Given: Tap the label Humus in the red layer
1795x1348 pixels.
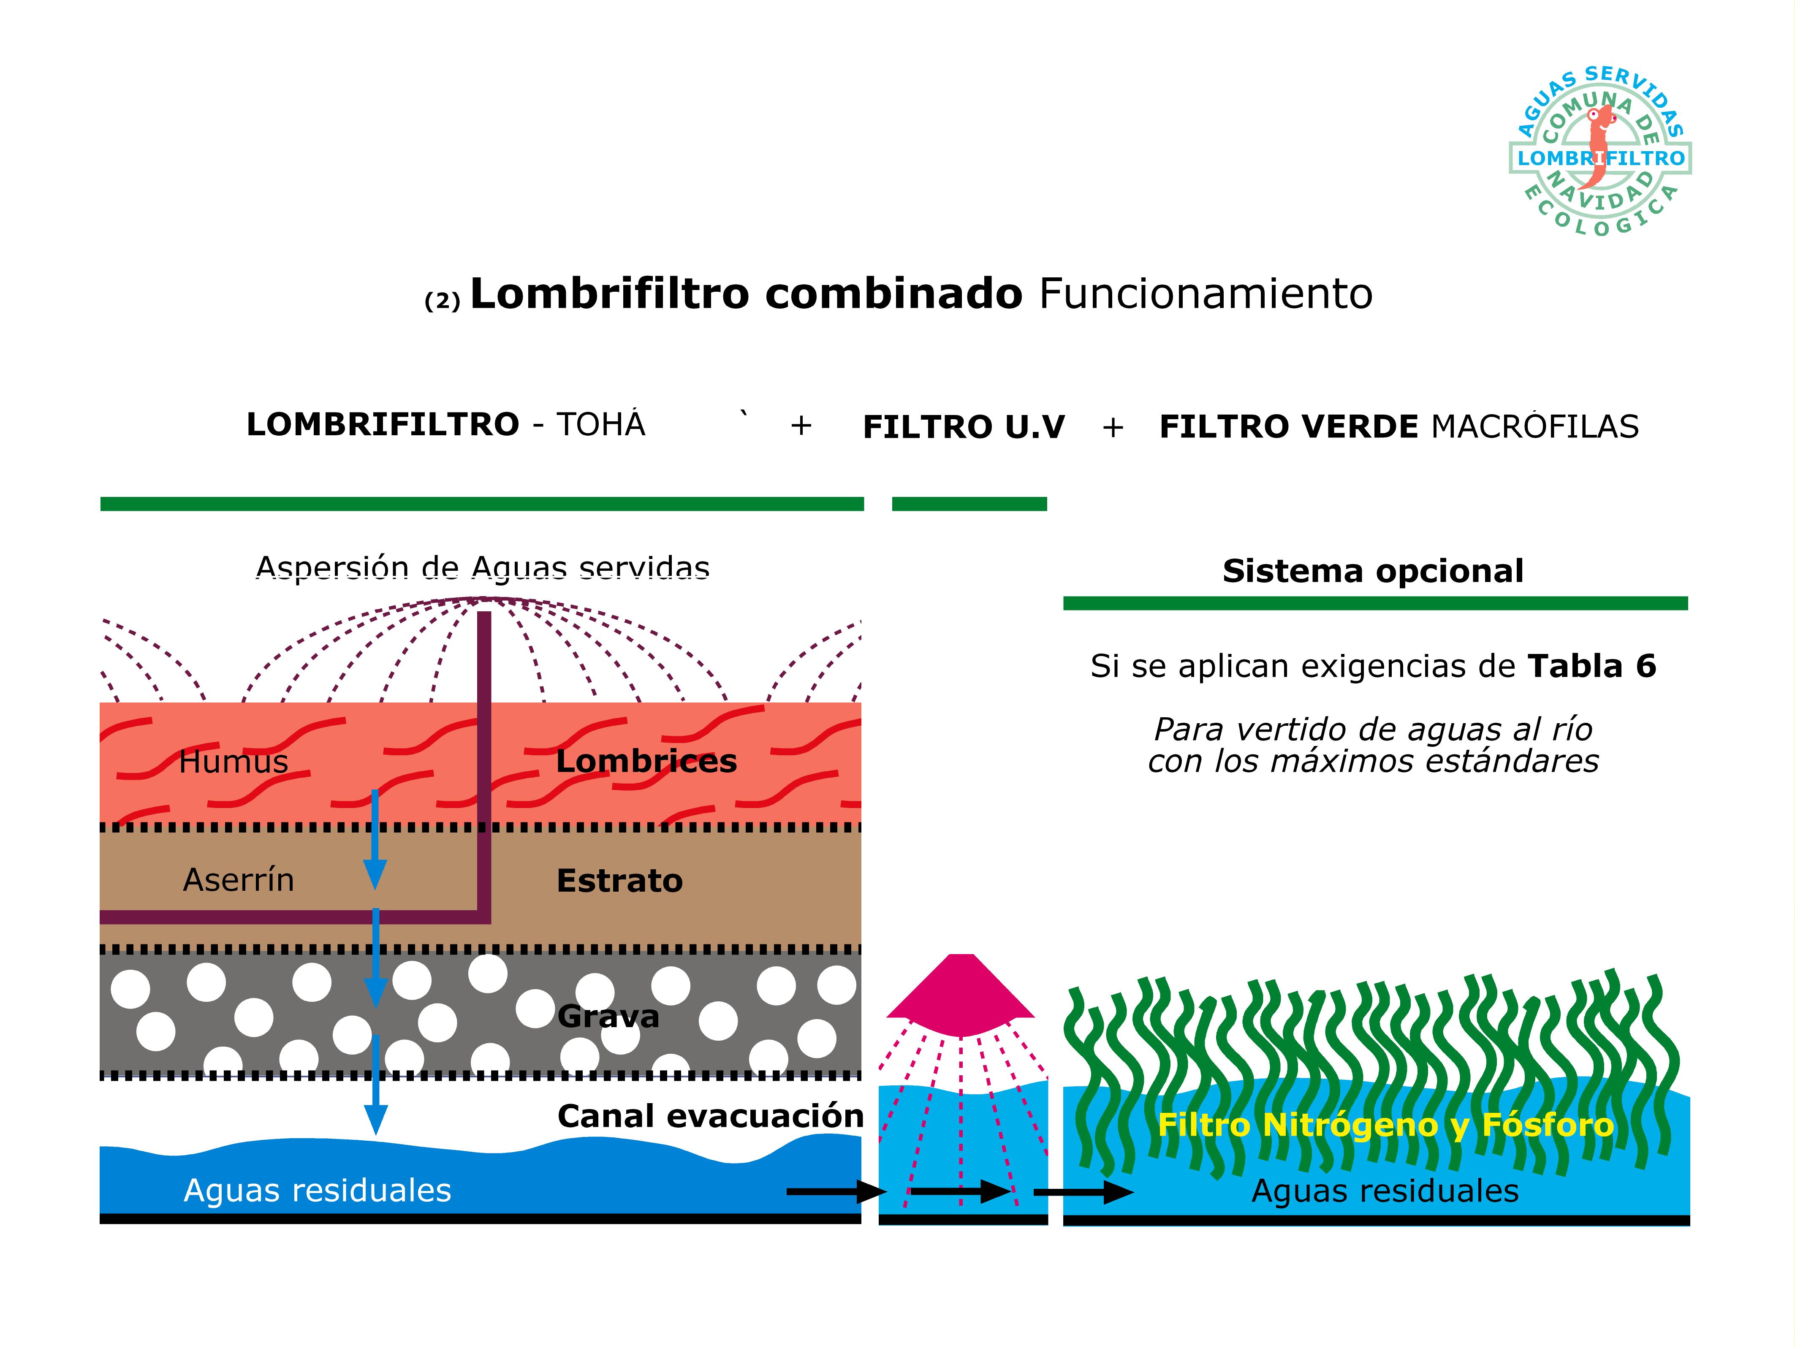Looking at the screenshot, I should pyautogui.click(x=234, y=762).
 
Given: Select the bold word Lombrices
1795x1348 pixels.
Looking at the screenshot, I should pyautogui.click(x=646, y=761).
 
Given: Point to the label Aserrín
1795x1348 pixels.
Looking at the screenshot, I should pyautogui.click(x=239, y=880).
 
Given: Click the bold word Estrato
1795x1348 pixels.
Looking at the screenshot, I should pyautogui.click(x=619, y=881).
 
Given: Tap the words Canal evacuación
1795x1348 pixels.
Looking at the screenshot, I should pyautogui.click(x=710, y=1117).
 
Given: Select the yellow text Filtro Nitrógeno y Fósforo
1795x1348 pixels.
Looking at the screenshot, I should pyautogui.click(x=1385, y=1125).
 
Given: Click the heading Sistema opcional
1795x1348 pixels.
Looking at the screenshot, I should pyautogui.click(x=1373, y=571).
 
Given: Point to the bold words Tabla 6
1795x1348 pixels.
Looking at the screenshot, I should pyautogui.click(x=1591, y=666).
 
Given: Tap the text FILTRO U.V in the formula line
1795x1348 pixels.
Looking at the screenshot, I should pyautogui.click(x=963, y=427).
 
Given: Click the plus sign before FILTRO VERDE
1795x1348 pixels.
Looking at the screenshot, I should pyautogui.click(x=1113, y=427).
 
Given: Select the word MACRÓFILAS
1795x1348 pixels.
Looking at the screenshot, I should pyautogui.click(x=1534, y=427).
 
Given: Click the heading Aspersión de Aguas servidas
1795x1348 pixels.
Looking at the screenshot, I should pyautogui.click(x=483, y=568).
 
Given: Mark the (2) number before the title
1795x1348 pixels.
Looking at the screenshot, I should pyautogui.click(x=442, y=301).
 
